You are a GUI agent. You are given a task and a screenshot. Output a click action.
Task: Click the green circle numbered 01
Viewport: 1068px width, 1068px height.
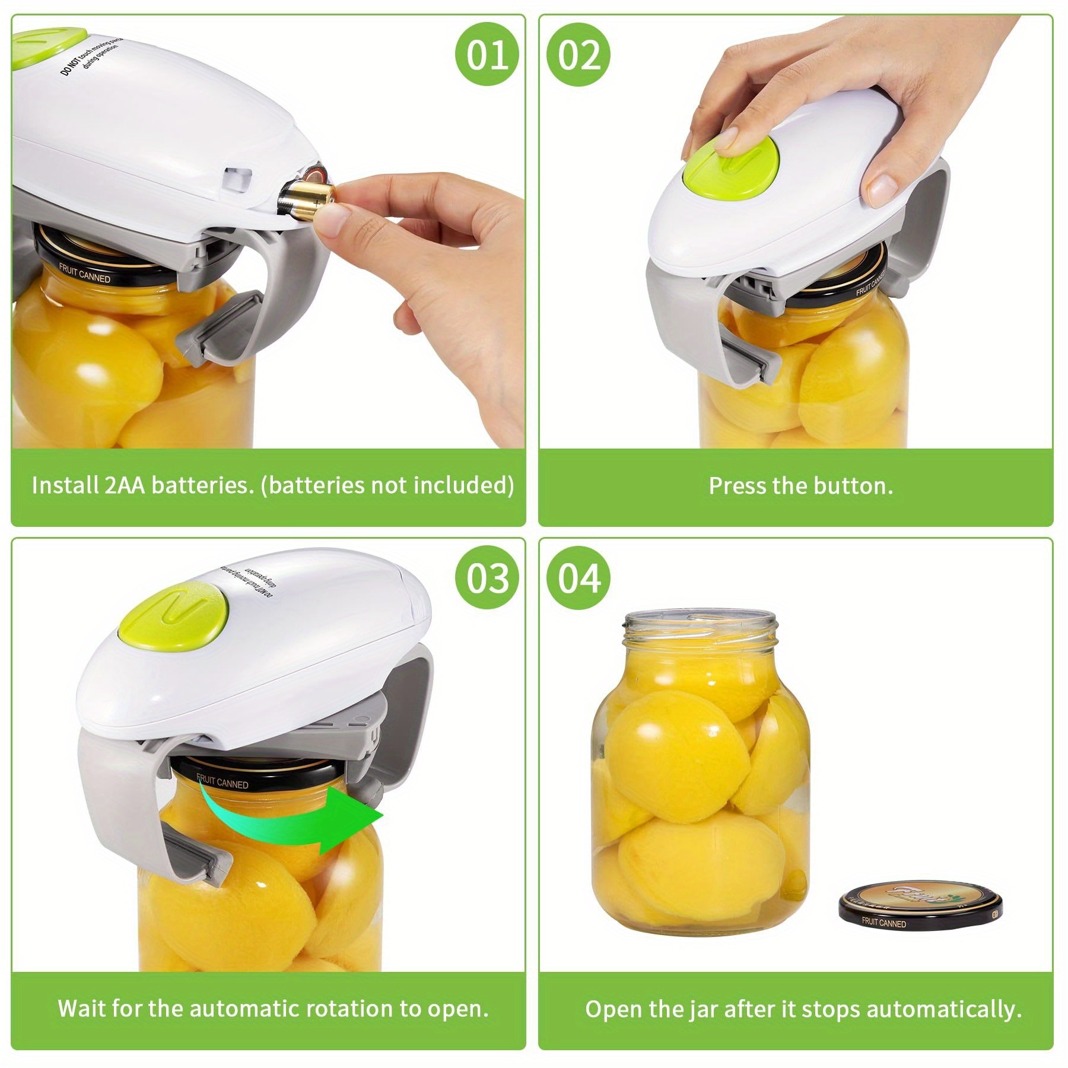coord(487,56)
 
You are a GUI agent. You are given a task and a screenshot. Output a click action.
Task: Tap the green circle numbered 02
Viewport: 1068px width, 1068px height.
coord(578,56)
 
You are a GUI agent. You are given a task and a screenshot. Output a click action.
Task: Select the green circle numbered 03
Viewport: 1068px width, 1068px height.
coord(487,578)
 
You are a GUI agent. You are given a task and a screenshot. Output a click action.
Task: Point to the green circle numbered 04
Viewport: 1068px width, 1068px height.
coord(578,578)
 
